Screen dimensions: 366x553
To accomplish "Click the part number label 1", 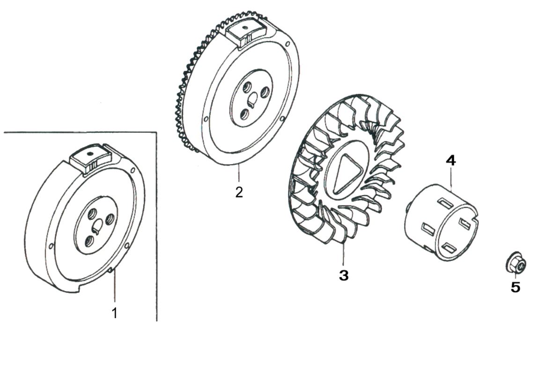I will [x=114, y=313].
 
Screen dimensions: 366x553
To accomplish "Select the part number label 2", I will [x=239, y=192].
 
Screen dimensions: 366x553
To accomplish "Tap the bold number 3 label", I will [x=344, y=275].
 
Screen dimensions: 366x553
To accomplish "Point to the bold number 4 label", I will [x=450, y=161].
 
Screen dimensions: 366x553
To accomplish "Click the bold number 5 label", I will [x=515, y=287].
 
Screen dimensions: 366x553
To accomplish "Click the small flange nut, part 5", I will [x=516, y=265].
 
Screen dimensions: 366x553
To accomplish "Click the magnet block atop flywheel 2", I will [x=245, y=34].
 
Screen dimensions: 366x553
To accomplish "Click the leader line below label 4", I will [x=451, y=178].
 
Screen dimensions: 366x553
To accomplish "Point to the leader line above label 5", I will [x=516, y=276].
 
